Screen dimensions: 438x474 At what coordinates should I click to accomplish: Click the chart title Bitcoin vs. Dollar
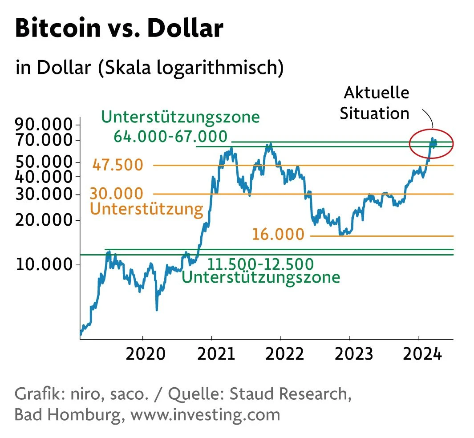[119, 28]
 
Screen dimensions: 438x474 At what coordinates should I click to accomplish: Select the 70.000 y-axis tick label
[44, 141]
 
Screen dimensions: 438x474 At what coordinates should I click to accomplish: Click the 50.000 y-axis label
[44, 162]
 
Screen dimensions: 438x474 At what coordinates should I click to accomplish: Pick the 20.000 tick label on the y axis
[44, 221]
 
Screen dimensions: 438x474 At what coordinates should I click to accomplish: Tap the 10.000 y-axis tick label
[44, 265]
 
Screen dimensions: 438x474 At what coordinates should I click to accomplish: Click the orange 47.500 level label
[118, 166]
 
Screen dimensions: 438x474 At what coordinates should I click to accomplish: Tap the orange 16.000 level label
[278, 235]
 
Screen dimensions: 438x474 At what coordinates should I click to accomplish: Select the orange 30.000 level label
[117, 194]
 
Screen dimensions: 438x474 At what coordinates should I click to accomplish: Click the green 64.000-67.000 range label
[170, 136]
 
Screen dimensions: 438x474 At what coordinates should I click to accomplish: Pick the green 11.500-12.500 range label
[261, 264]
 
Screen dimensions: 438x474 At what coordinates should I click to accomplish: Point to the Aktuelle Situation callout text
[375, 103]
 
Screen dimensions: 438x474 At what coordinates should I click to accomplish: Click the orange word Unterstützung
[146, 209]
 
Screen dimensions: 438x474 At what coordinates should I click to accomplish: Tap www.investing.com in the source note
[206, 414]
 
